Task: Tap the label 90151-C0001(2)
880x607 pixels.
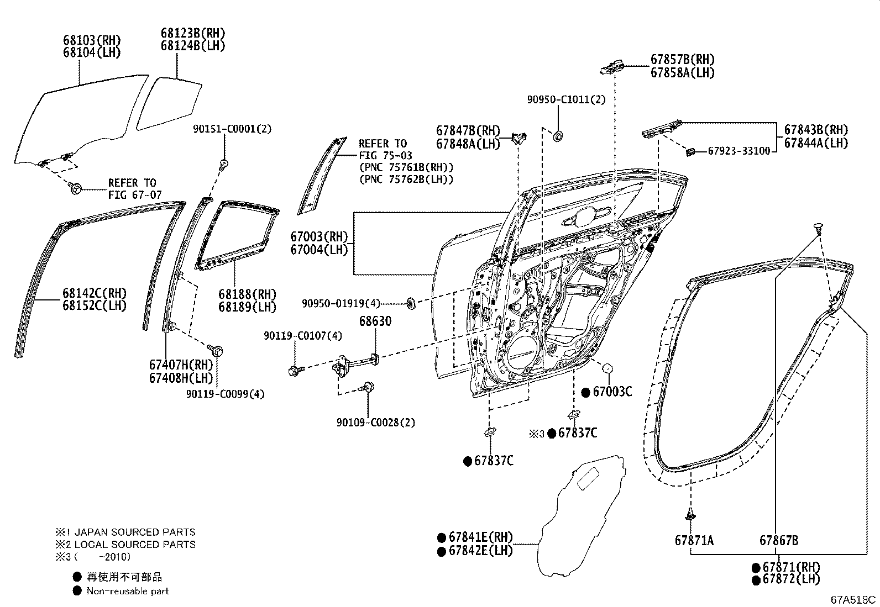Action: pos(232,129)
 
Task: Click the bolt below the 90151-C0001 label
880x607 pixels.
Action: pos(224,163)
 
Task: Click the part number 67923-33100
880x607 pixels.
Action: pos(738,151)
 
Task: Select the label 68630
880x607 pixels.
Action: pos(375,321)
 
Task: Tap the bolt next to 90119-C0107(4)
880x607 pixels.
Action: pos(294,371)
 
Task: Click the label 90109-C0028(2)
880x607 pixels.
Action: pos(375,423)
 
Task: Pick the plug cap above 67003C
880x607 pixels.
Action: pos(607,368)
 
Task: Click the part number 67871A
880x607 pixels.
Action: pos(694,540)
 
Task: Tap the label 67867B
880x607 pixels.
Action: pos(778,540)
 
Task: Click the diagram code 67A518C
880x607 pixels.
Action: pos(853,599)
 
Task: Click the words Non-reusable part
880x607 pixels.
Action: pos(128,591)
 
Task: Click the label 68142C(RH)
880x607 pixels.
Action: pos(94,293)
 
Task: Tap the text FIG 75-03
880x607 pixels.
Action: pos(385,156)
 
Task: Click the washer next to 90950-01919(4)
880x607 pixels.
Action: pos(411,303)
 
